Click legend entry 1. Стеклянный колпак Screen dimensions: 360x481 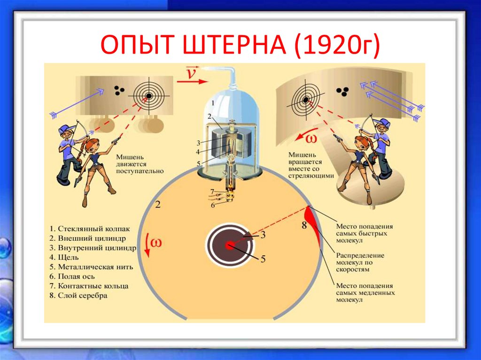point(89,229)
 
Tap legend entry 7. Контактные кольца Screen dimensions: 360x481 point(89,286)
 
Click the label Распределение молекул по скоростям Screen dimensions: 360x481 point(360,262)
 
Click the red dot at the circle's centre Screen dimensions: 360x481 point(229,245)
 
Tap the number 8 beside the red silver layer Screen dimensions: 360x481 point(304,225)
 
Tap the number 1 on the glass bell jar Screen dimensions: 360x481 point(212,102)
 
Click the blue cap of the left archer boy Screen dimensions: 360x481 point(66,128)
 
